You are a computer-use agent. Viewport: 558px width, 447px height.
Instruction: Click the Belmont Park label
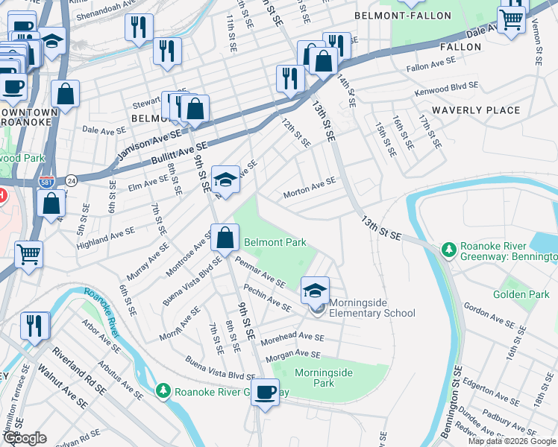(275, 243)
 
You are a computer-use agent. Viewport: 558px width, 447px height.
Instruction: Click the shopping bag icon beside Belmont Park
(225, 238)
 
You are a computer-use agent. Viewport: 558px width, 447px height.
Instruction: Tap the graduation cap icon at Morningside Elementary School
(316, 290)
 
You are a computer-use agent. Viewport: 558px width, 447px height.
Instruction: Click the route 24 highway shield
(71, 180)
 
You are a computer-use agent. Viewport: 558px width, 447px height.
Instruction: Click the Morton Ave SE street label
(310, 190)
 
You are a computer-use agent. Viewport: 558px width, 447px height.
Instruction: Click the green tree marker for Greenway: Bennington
(448, 249)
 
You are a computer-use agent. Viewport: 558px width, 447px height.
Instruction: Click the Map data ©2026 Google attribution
(512, 441)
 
